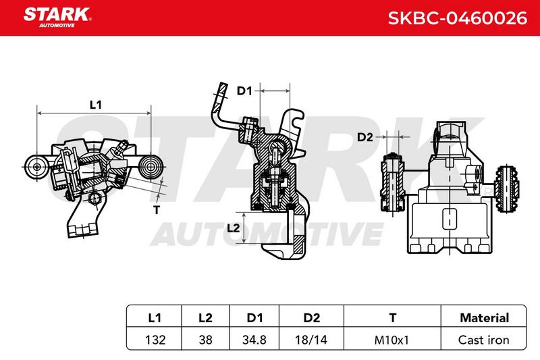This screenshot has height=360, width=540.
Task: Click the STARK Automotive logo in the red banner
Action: coord(57,18)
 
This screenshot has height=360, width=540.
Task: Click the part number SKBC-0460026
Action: coord(458,18)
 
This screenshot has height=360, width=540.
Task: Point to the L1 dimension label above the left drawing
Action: coord(95,105)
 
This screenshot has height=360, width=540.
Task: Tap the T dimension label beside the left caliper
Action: coord(157,209)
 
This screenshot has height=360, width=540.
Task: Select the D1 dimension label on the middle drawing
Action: coord(244,91)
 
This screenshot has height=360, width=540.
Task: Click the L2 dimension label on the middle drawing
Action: coord(233,228)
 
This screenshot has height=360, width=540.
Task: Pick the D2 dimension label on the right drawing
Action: coord(365,137)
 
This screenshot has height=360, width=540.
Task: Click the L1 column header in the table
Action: coord(155,317)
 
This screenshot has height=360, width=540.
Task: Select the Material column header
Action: coord(484,317)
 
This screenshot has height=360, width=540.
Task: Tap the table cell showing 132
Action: coord(155,340)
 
